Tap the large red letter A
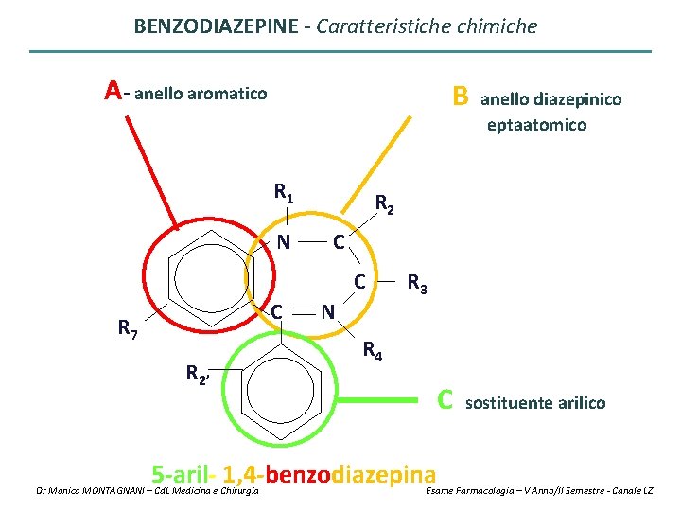pyautogui.click(x=113, y=91)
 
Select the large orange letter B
pyautogui.click(x=460, y=96)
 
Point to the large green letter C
pyautogui.click(x=445, y=400)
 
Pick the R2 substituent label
pyautogui.click(x=384, y=203)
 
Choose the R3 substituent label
pyautogui.click(x=417, y=283)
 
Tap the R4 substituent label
pyautogui.click(x=373, y=353)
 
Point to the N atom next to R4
pyautogui.click(x=325, y=310)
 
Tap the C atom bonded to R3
pyautogui.click(x=359, y=281)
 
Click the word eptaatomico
pyautogui.click(x=536, y=125)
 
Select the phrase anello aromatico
pyautogui.click(x=201, y=94)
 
